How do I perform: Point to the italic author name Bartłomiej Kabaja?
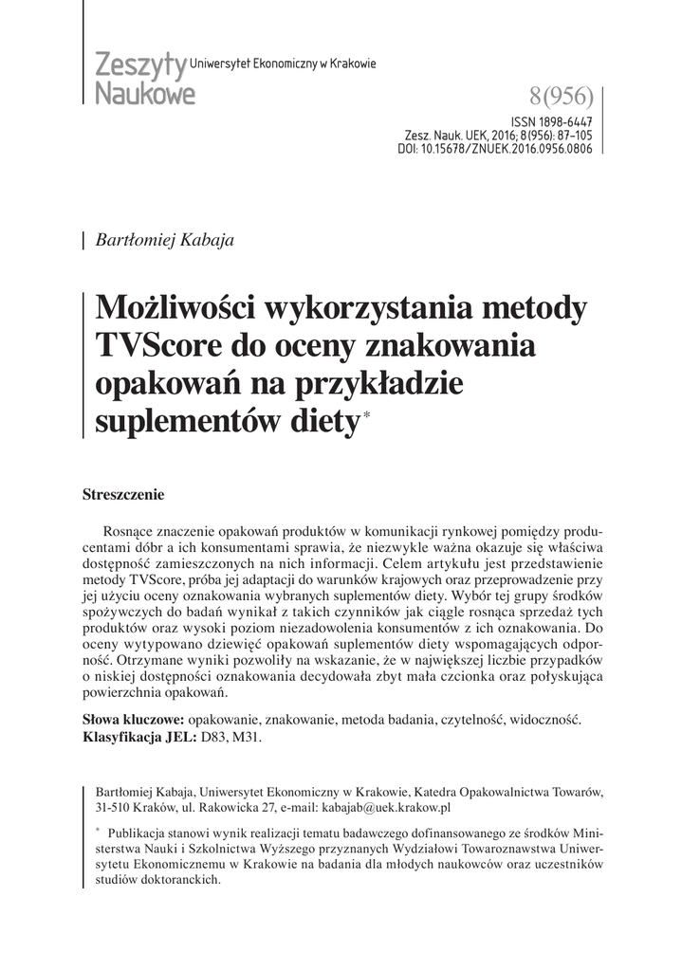pos(165,240)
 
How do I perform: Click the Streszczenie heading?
pos(124,494)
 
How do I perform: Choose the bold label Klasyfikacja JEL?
pos(138,737)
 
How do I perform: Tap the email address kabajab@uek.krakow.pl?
pos(386,807)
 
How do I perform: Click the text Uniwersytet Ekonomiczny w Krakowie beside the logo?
pos(284,64)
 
